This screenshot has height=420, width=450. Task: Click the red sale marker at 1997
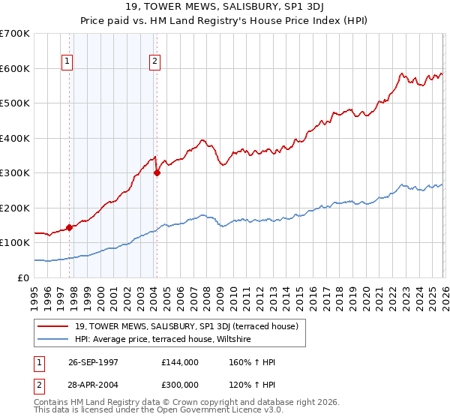(x=70, y=227)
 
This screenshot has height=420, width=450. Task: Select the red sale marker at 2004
(x=157, y=172)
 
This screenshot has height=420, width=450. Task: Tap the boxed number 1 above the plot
(x=67, y=61)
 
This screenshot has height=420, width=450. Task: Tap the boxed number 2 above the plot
(x=154, y=61)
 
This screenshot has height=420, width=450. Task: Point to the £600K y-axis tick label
(x=14, y=68)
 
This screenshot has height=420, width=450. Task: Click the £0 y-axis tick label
(x=24, y=277)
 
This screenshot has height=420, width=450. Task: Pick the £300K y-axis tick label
(x=14, y=172)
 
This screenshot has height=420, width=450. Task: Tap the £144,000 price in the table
(x=180, y=362)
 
